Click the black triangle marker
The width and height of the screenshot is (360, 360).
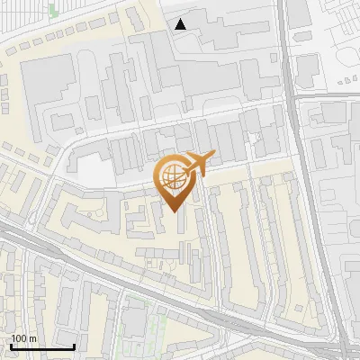182,24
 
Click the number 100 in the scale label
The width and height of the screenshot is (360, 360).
17,338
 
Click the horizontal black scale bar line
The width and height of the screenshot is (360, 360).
42,346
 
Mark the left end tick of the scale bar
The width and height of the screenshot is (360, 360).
11,346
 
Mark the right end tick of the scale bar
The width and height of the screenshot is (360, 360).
74,346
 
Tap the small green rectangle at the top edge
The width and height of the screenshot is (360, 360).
52,9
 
